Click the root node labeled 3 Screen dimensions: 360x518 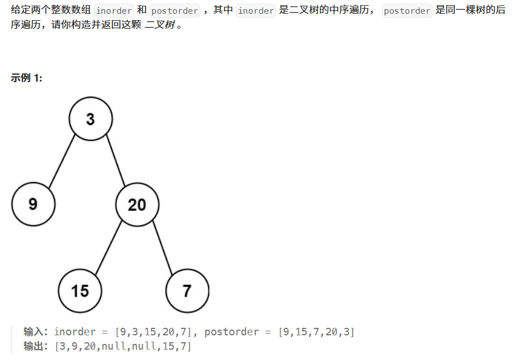91,119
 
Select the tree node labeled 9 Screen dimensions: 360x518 33,204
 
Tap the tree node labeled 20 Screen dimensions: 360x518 137,204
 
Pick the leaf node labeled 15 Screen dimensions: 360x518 80,291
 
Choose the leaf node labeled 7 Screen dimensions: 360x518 187,291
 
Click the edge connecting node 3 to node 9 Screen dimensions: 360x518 62,161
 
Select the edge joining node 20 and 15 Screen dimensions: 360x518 108,247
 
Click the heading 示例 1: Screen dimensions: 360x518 26,78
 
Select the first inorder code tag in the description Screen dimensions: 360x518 114,11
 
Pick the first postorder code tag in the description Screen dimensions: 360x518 174,11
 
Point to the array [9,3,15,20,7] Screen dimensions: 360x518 154,331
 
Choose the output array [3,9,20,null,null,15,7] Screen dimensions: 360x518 123,346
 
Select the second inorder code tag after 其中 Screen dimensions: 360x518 256,11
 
